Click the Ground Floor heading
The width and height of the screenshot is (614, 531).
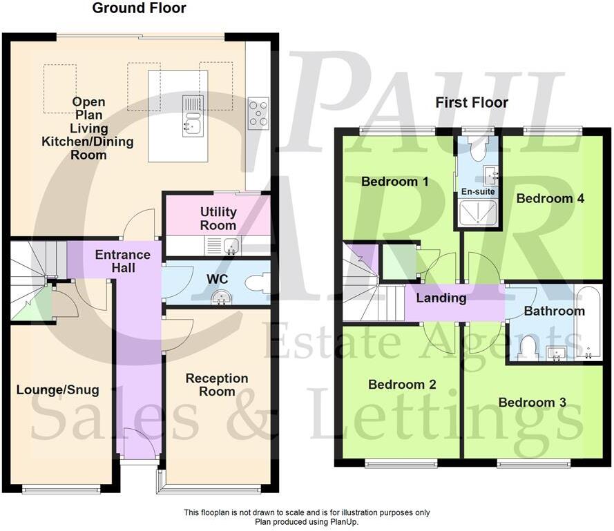pyautogui.click(x=139, y=9)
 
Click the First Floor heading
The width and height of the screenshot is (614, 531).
pyautogui.click(x=471, y=103)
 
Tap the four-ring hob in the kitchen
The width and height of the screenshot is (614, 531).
pyautogui.click(x=258, y=114)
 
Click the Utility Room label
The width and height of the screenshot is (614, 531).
pyautogui.click(x=218, y=218)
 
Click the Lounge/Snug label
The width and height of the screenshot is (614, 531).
pyautogui.click(x=57, y=390)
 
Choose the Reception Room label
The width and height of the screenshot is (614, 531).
pyautogui.click(x=217, y=385)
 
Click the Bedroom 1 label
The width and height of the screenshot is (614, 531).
pyautogui.click(x=395, y=182)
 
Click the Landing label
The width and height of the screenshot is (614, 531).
pyautogui.click(x=441, y=299)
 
